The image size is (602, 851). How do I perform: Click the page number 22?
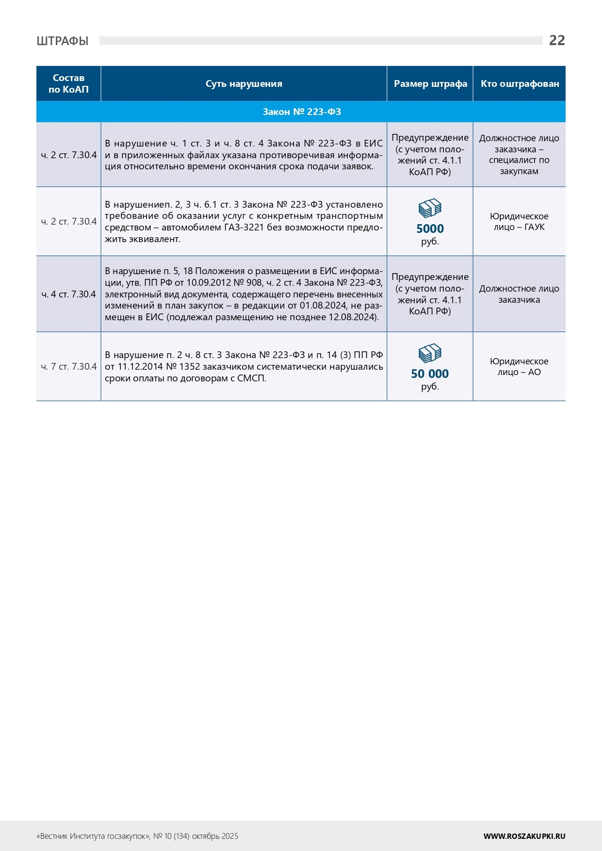coord(556,40)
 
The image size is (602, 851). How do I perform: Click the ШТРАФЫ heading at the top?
coord(63,41)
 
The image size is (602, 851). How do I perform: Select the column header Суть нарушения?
coord(244,84)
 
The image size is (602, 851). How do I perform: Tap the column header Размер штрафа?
coord(430,84)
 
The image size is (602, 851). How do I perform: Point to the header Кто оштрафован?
coord(520,84)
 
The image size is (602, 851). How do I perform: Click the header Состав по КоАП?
coord(68,83)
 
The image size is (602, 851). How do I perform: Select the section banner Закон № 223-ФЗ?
coord(301,112)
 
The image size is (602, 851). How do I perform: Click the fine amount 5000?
coord(430,229)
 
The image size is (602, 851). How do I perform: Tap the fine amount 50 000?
coord(430,374)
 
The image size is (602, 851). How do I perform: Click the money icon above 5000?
coord(430,209)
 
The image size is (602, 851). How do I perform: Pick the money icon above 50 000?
coord(430,353)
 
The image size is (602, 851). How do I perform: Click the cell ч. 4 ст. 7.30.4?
coord(68,295)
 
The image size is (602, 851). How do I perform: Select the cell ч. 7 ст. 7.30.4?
coord(68,367)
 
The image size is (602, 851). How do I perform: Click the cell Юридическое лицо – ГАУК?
coord(519,222)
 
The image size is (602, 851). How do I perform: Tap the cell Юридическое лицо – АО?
coord(519,367)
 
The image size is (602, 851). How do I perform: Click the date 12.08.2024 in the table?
coord(353,317)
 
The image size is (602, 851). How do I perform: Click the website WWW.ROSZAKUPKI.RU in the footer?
coord(524,836)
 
